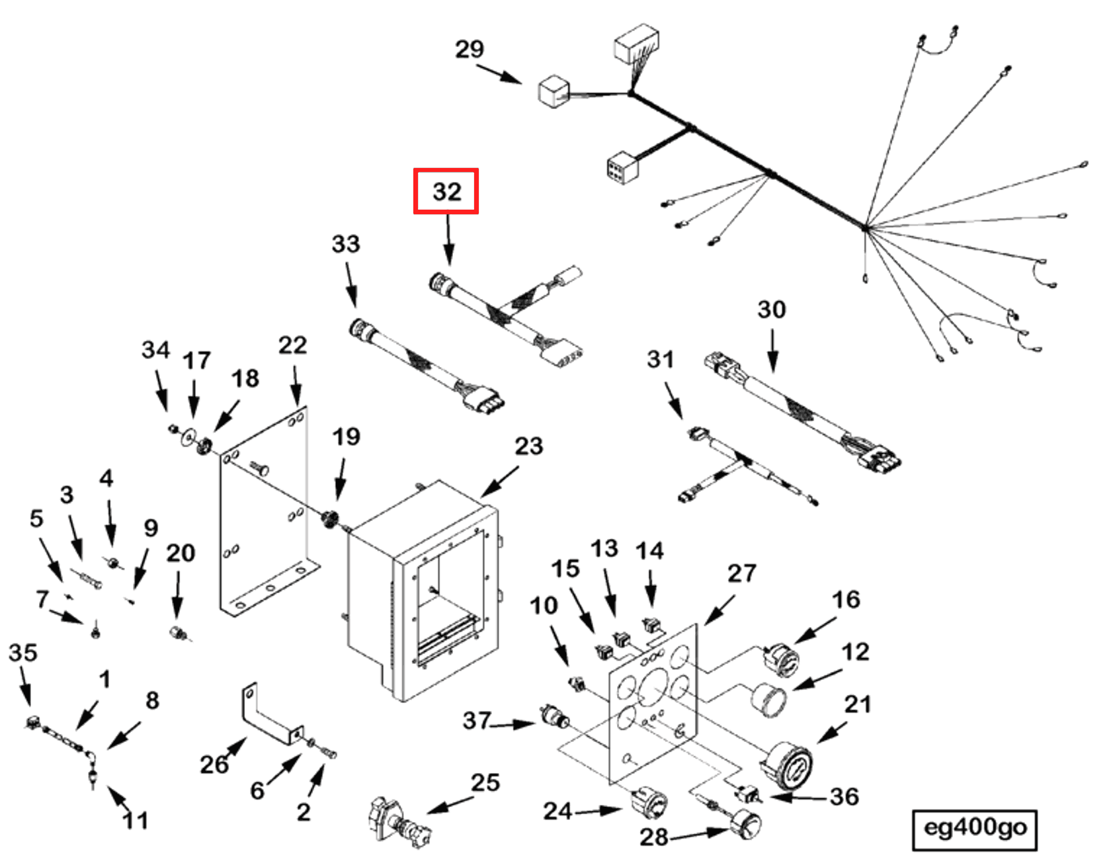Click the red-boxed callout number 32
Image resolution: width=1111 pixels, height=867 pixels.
coord(446,192)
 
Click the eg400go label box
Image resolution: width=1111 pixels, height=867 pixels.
coord(974,829)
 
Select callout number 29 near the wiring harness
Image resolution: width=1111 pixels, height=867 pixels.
coord(470,49)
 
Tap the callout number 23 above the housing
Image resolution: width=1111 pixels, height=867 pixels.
coord(528,446)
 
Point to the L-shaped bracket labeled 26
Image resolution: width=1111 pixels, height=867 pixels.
coord(268,718)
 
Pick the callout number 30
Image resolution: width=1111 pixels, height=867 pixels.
coord(771,310)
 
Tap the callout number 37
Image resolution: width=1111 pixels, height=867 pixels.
coord(477,720)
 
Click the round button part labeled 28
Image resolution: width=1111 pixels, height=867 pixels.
coord(746,825)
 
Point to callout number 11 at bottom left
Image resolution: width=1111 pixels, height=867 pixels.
coord(136,821)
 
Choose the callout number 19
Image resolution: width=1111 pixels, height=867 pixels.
coord(346,436)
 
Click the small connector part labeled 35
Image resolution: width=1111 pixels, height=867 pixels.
coord(31,723)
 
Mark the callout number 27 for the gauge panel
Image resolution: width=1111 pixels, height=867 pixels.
coord(741,573)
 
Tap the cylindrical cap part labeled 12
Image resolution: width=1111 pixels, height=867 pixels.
coord(769,700)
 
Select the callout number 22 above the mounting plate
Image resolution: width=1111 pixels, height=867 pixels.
coord(292,345)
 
